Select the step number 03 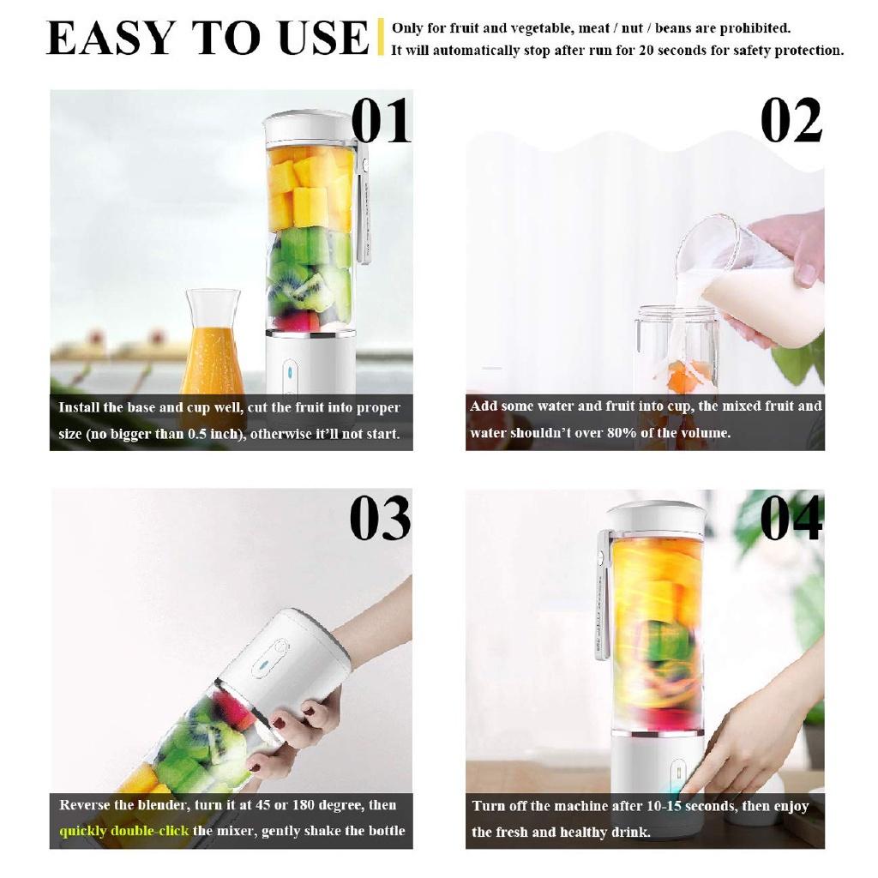point(380,519)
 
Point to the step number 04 point(791,519)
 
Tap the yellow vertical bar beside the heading point(380,38)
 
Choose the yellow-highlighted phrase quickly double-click point(123,831)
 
